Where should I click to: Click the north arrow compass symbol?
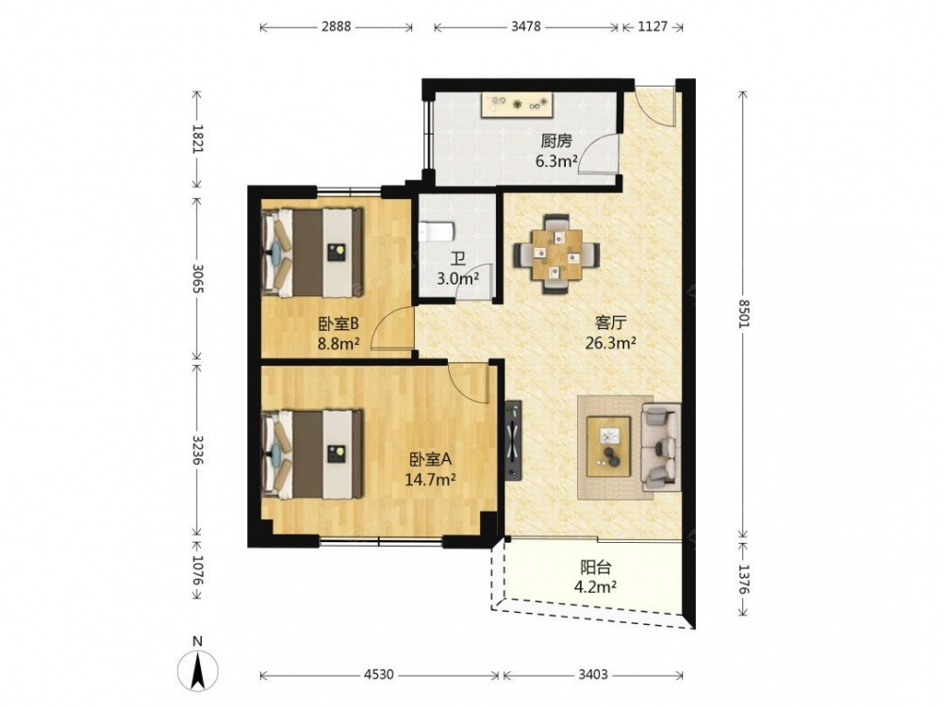point(197,666)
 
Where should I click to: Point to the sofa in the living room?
point(661,447)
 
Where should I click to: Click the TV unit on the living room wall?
point(512,440)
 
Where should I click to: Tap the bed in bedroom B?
point(313,253)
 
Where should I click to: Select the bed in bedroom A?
point(313,454)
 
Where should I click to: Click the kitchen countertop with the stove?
point(517,106)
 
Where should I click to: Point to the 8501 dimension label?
point(744,313)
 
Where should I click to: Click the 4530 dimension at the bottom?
point(379,675)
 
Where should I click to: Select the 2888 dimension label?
point(336,27)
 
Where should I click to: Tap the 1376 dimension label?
point(744,580)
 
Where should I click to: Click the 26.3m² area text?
point(610,343)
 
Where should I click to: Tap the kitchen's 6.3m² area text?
point(557,161)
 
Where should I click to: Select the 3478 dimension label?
point(525,27)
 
